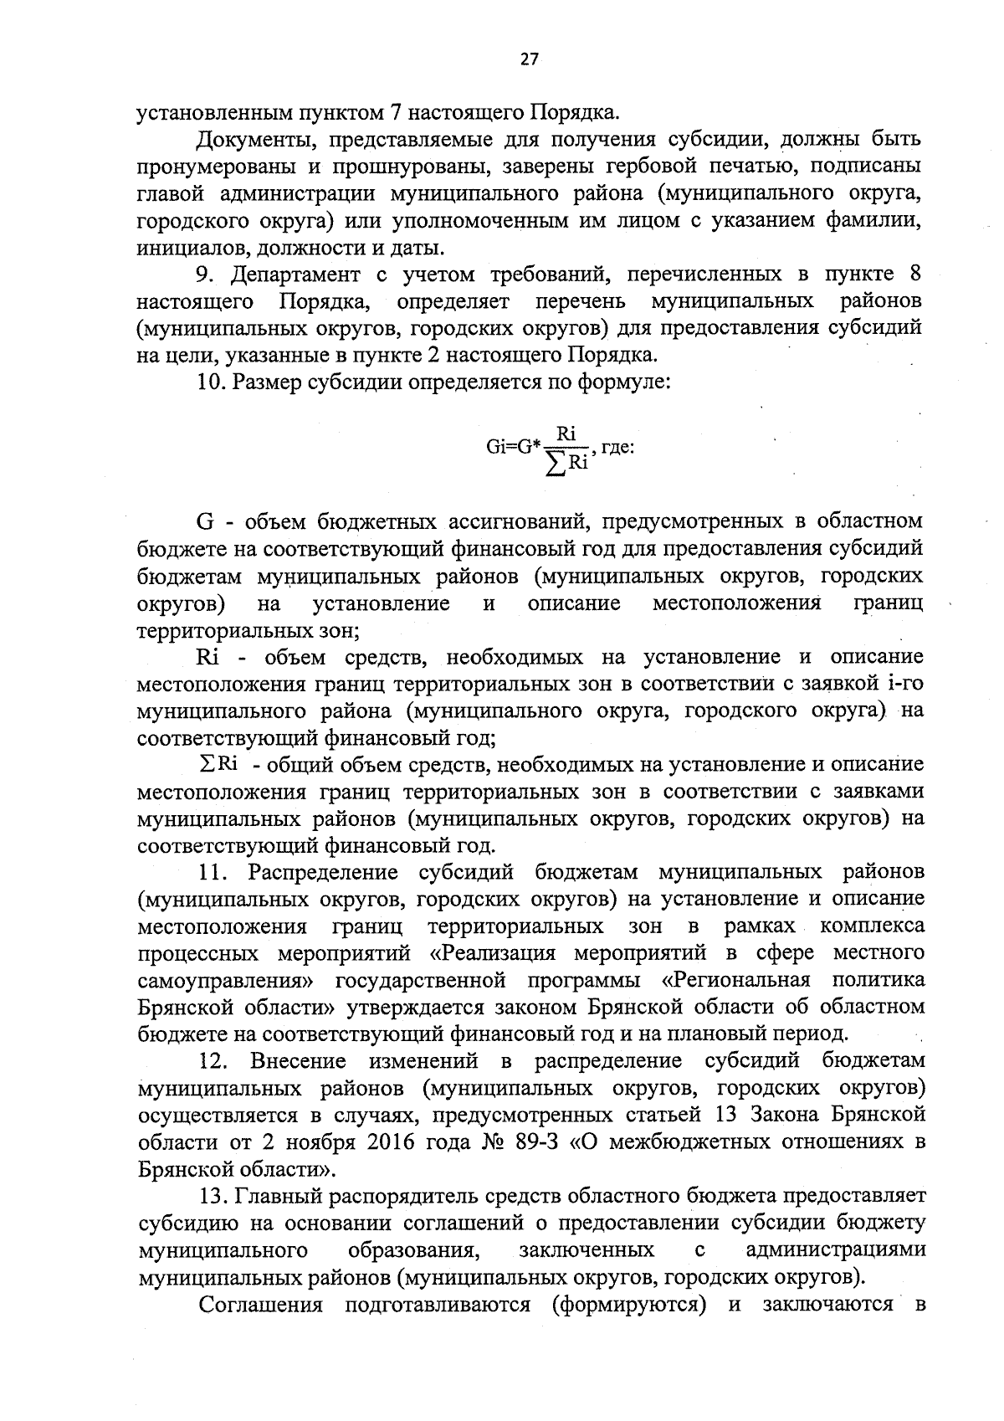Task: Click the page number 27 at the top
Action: pyautogui.click(x=529, y=59)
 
